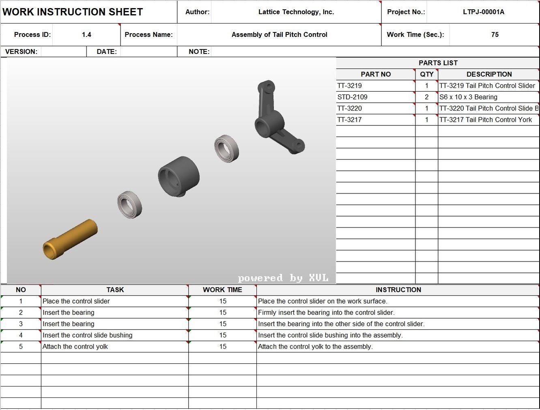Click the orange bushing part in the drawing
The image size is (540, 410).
[70, 239]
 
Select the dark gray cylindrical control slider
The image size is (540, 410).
[179, 176]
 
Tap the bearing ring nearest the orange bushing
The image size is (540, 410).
[130, 204]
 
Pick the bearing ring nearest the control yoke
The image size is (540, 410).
[226, 149]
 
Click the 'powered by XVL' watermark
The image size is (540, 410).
[283, 278]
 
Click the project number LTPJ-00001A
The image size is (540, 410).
[483, 12]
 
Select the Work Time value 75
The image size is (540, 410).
[495, 35]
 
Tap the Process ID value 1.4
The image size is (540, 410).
[86, 35]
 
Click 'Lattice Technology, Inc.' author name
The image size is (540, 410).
[296, 12]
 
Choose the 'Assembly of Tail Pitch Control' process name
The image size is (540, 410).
[279, 35]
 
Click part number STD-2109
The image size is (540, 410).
[352, 97]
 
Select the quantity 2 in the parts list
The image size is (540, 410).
[426, 97]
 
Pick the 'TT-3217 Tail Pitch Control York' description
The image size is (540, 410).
[485, 120]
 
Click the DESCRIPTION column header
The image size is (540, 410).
[489, 75]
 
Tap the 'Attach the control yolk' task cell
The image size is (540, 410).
[75, 347]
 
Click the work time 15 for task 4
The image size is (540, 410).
[223, 335]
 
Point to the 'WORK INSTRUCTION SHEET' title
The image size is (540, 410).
[73, 12]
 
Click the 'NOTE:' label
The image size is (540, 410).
[199, 52]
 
